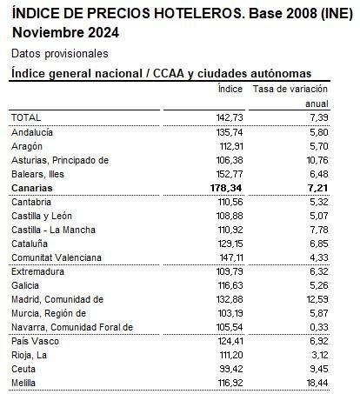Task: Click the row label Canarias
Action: pos(32,187)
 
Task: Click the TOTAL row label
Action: pos(26,117)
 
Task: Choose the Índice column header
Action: pos(229,89)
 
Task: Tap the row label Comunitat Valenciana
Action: pos(57,257)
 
